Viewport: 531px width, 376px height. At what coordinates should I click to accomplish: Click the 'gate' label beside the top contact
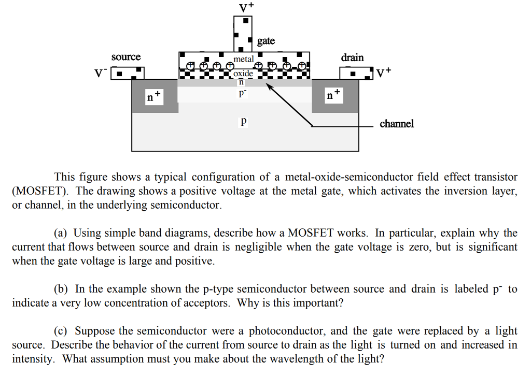pos(265,41)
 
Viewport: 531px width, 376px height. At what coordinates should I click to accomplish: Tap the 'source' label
pos(126,57)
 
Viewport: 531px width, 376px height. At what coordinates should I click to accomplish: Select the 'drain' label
pos(352,57)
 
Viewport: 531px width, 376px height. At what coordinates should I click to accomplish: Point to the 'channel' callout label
pos(397,124)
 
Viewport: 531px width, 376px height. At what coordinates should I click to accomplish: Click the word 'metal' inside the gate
pos(244,60)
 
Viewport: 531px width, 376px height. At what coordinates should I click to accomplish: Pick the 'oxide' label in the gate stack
pos(243,74)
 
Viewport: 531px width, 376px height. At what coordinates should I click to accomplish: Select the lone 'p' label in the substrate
pos(243,122)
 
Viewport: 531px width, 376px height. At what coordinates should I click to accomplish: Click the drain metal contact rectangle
pos(356,73)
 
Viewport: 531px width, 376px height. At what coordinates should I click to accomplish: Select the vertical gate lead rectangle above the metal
pos(243,33)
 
